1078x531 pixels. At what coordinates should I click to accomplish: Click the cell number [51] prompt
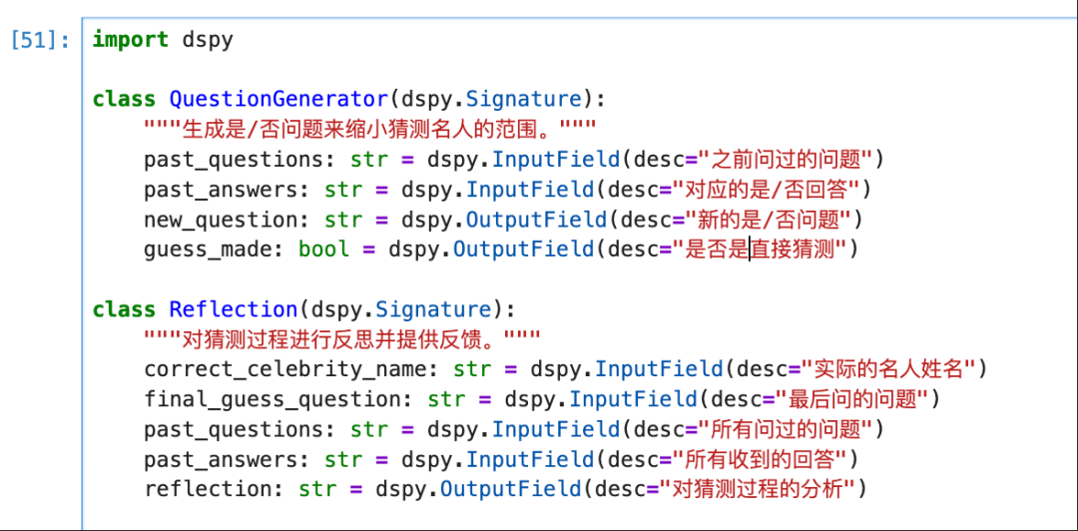pos(40,41)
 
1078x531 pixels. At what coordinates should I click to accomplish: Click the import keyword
pos(130,40)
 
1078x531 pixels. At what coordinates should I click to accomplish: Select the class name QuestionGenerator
pos(278,100)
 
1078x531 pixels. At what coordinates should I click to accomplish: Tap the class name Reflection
pos(234,309)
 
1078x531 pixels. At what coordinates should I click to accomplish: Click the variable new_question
pos(221,220)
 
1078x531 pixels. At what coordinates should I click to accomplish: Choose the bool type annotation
pos(323,250)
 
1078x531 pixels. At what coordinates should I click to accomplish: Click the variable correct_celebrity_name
pos(284,369)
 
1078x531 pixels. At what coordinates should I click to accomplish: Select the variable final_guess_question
pos(271,399)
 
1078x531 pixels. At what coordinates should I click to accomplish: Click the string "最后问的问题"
pos(854,399)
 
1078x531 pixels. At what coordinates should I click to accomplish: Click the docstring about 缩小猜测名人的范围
pos(369,130)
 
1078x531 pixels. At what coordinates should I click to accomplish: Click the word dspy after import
pos(208,40)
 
